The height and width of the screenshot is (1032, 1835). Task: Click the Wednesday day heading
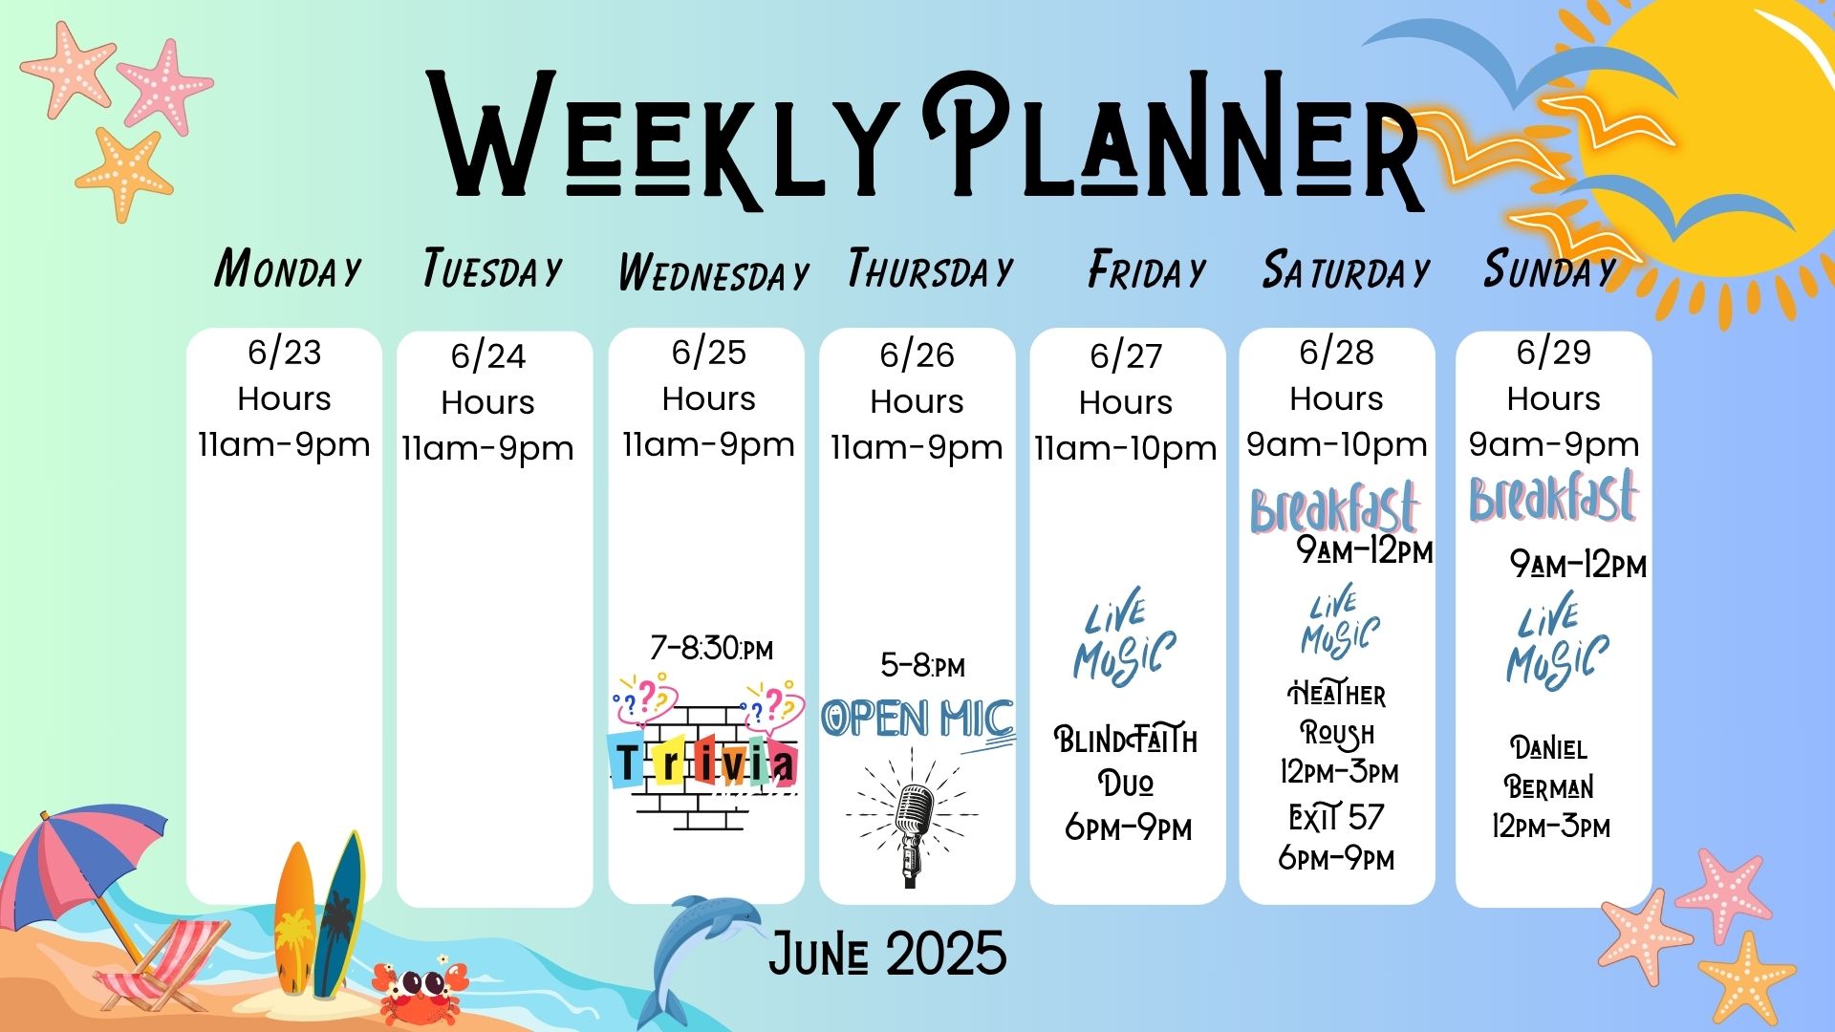pyautogui.click(x=713, y=273)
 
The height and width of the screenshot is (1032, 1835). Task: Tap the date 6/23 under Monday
pyautogui.click(x=285, y=353)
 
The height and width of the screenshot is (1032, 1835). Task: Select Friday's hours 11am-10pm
pyautogui.click(x=1126, y=449)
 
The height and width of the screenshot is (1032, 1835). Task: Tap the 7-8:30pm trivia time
pyautogui.click(x=711, y=649)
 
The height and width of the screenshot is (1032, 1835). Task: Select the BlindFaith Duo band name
pyautogui.click(x=1126, y=761)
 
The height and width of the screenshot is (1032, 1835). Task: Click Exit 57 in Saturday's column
pyautogui.click(x=1336, y=818)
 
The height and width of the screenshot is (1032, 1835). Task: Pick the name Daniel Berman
pyautogui.click(x=1549, y=767)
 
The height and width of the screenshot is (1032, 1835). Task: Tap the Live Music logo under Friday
pyautogui.click(x=1124, y=638)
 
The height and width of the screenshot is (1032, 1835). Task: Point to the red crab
pyautogui.click(x=421, y=990)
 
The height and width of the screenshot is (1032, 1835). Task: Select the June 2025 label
pyautogui.click(x=888, y=954)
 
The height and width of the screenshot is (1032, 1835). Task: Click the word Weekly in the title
pyautogui.click(x=661, y=136)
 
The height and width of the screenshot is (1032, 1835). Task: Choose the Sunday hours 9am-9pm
pyautogui.click(x=1554, y=445)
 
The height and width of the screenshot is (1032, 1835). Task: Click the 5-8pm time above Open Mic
pyautogui.click(x=922, y=665)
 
